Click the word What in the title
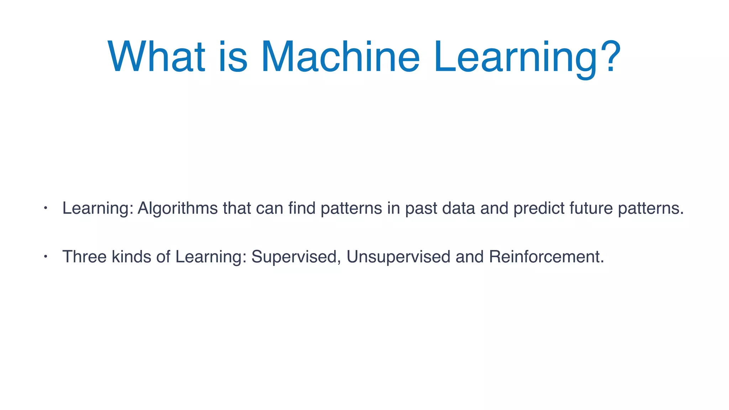(x=156, y=57)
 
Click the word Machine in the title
(x=340, y=57)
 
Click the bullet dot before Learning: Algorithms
(x=46, y=208)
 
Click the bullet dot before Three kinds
(x=46, y=256)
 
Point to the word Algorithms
(x=177, y=208)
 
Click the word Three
(x=84, y=257)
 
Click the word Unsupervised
(x=398, y=257)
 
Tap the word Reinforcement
(x=546, y=257)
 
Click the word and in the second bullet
(x=470, y=257)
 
